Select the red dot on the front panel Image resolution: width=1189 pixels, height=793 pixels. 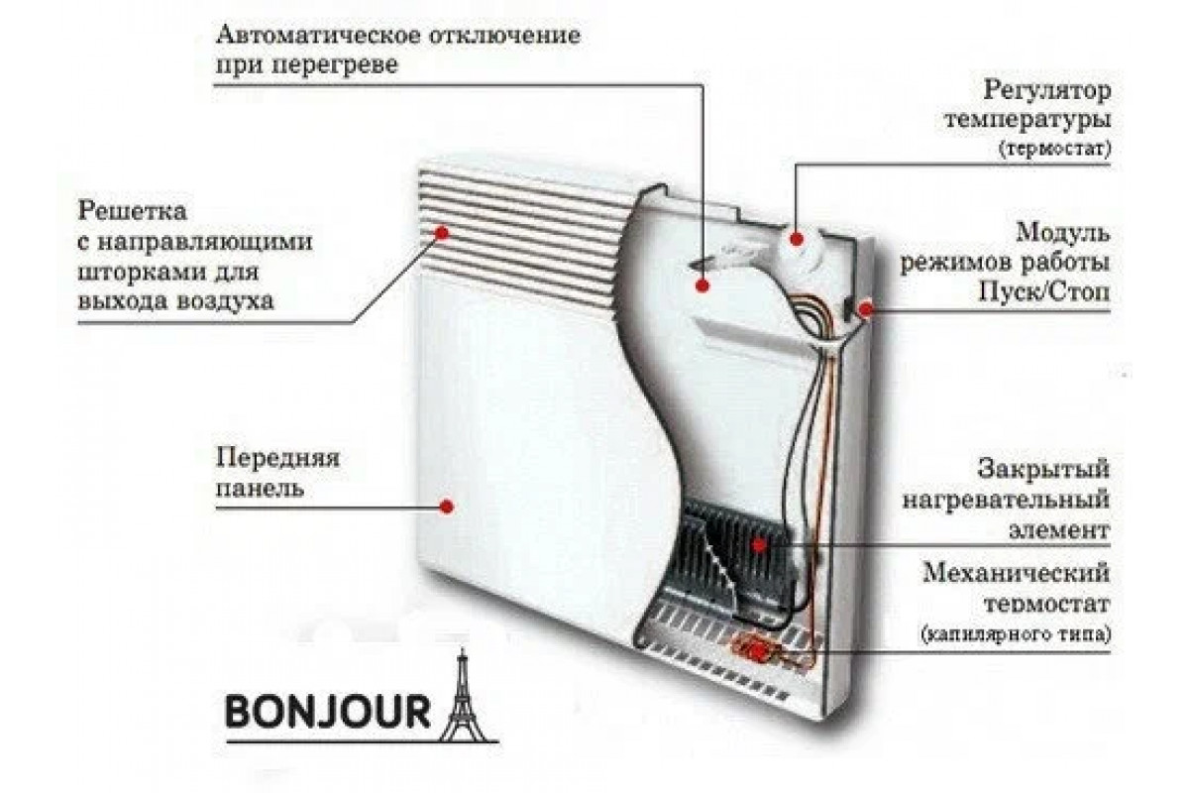pos(447,506)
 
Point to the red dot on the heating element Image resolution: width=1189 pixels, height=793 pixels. pos(759,544)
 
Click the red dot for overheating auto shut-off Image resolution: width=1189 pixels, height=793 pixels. pos(703,285)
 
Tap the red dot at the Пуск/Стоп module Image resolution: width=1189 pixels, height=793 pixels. pos(866,309)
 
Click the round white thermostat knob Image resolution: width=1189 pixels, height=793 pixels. pos(799,238)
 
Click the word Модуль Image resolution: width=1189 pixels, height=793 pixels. pos(1061,234)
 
